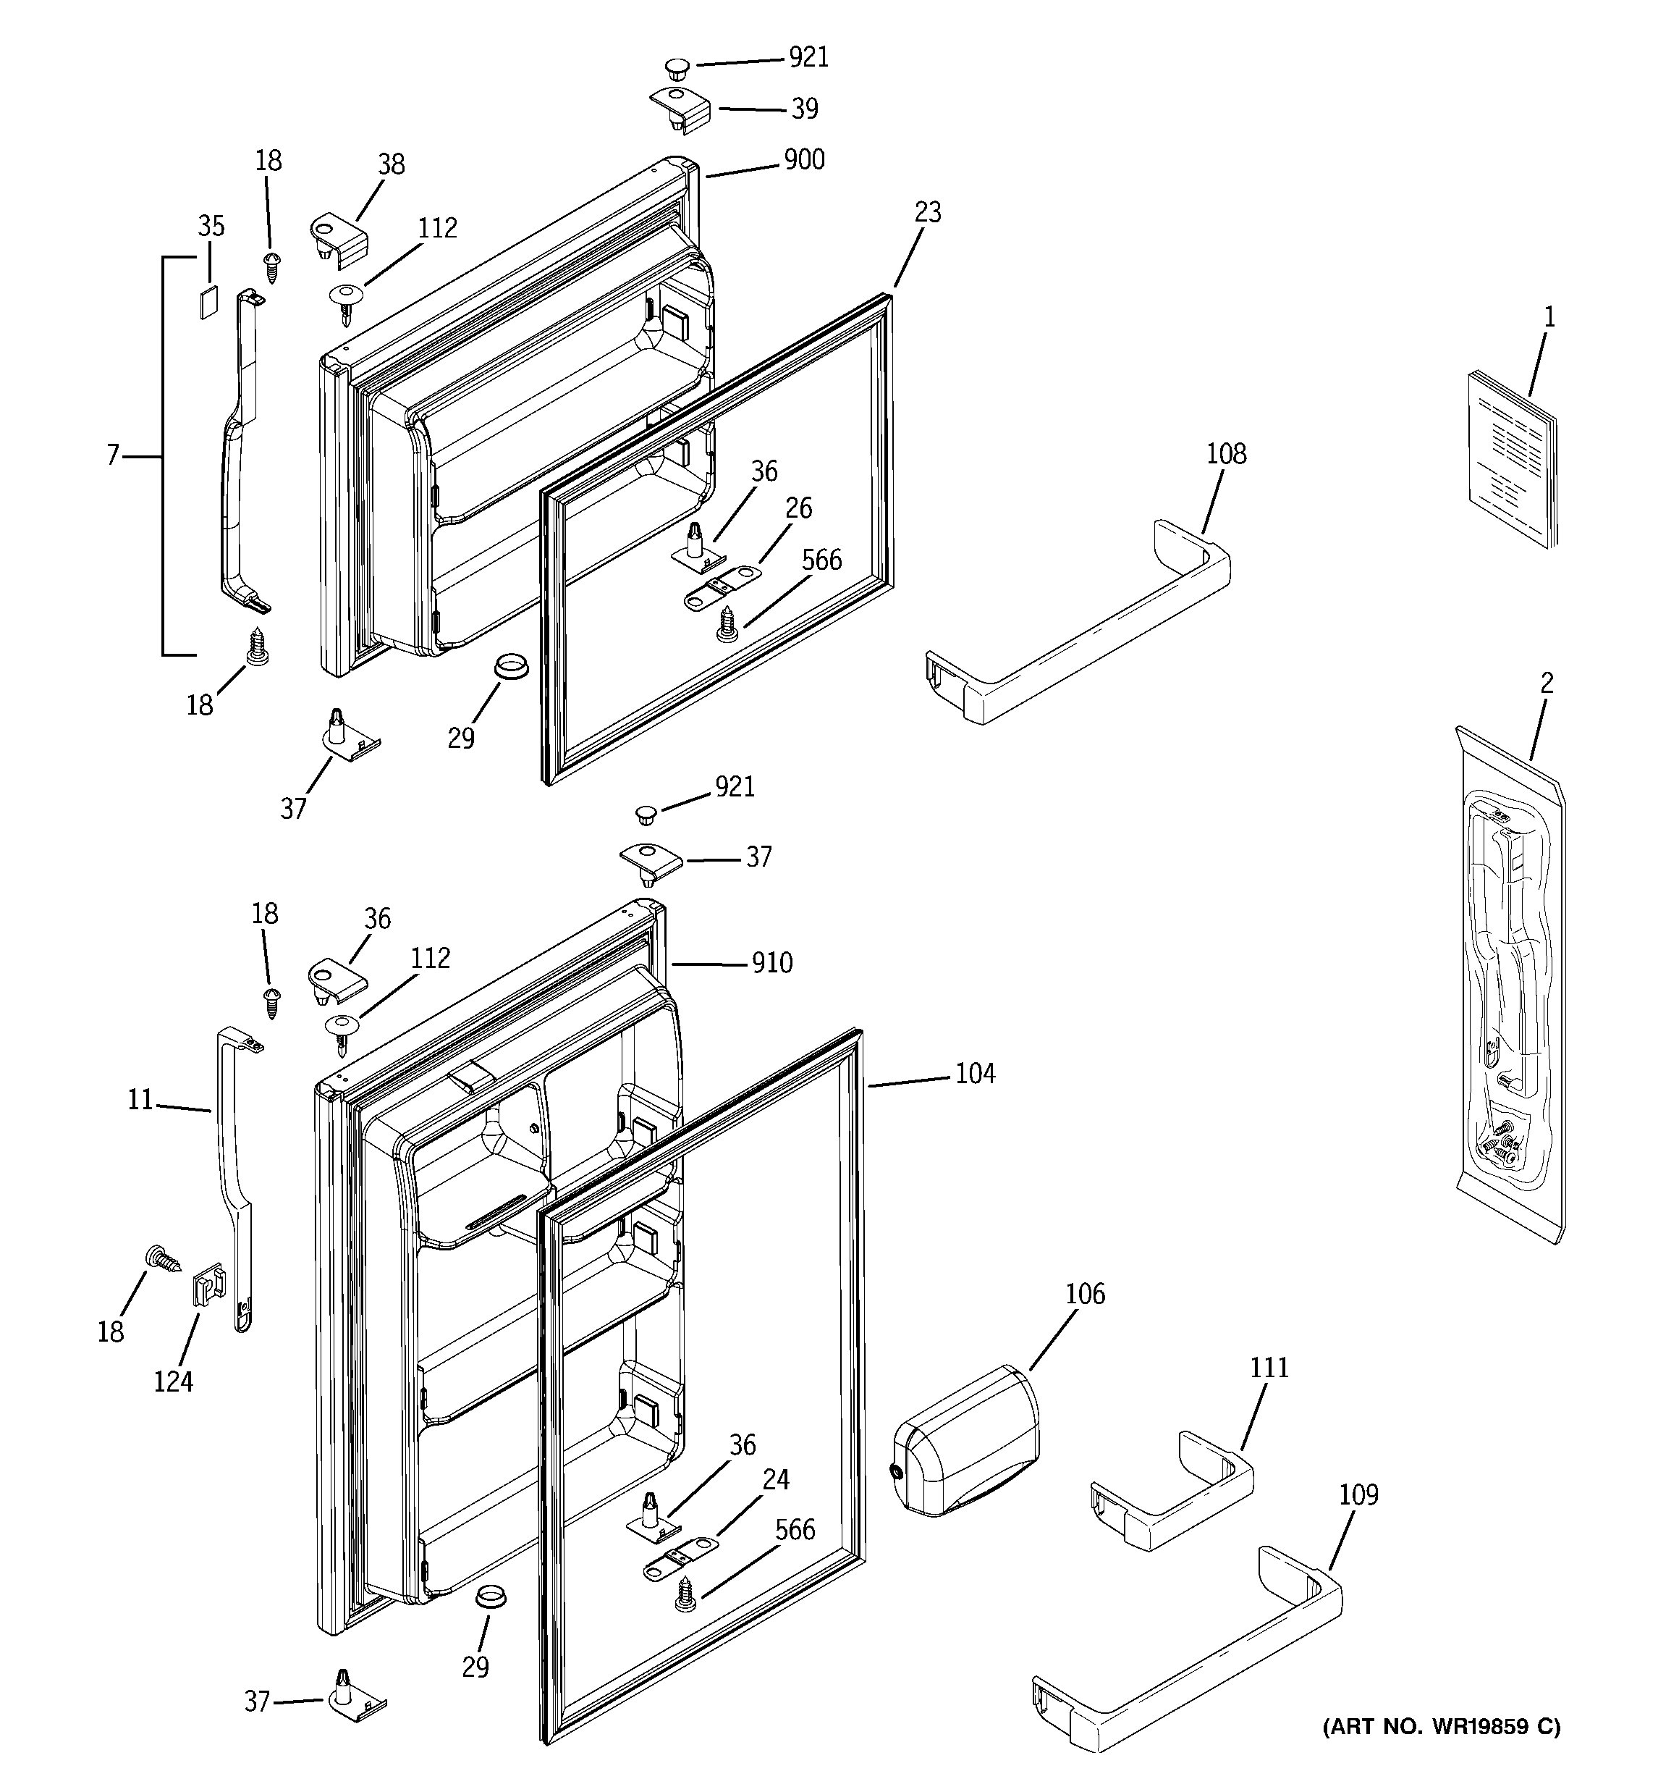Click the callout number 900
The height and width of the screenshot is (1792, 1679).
[x=804, y=159]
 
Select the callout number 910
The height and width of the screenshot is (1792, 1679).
[x=772, y=963]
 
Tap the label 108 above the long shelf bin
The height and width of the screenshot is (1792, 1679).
[x=1226, y=453]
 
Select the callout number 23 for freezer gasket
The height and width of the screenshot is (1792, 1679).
[x=927, y=212]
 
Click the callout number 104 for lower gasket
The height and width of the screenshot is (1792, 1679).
[x=975, y=1074]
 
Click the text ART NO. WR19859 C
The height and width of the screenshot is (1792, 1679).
[x=1441, y=1727]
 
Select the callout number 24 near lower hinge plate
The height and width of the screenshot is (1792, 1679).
[x=776, y=1479]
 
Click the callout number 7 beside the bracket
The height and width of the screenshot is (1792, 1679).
[x=113, y=456]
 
